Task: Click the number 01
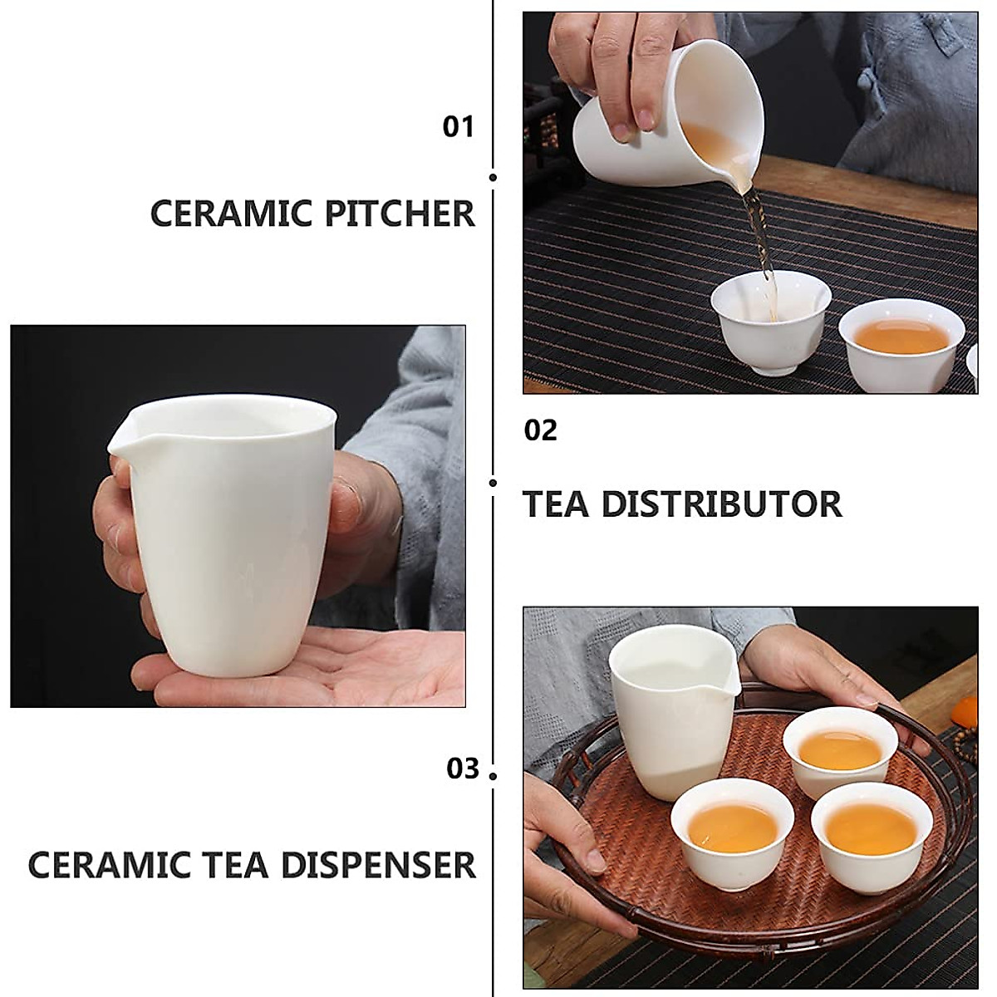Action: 458,127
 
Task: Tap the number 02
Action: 540,430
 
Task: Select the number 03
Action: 463,769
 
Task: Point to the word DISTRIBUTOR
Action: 721,504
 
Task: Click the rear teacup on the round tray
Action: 843,752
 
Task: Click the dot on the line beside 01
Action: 494,177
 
